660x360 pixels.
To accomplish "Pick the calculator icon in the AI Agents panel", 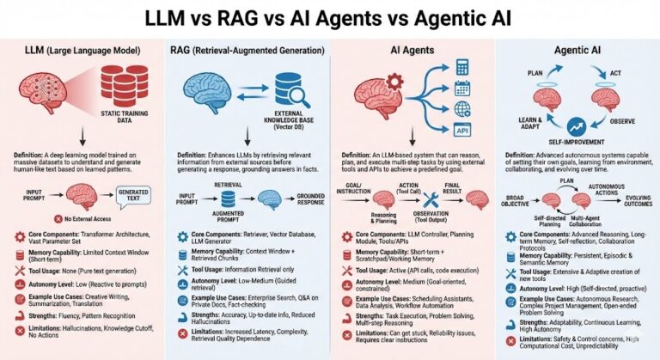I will coord(461,66).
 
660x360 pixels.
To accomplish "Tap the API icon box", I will coord(461,130).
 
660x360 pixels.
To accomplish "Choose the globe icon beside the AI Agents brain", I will coord(461,109).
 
